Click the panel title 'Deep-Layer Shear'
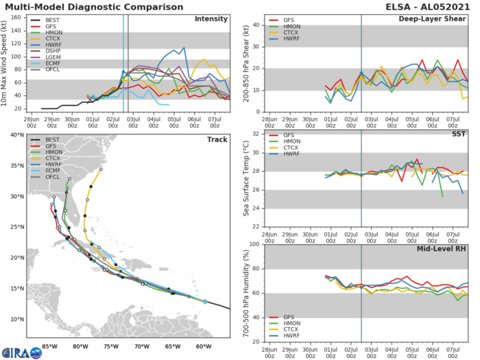(435, 19)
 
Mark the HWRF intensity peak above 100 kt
(184, 48)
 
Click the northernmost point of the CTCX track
(101, 169)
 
